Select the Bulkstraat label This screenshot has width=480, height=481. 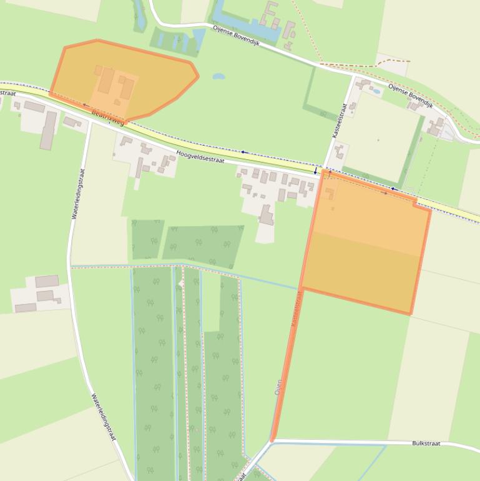click(x=426, y=444)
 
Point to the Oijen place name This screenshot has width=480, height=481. click(x=278, y=387)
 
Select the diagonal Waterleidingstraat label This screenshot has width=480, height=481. click(x=104, y=417)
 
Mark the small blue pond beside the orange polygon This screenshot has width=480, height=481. click(x=218, y=77)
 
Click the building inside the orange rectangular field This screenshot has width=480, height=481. click(x=329, y=193)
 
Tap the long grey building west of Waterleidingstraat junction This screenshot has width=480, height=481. click(x=48, y=130)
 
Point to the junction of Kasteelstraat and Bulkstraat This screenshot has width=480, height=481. click(x=272, y=441)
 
